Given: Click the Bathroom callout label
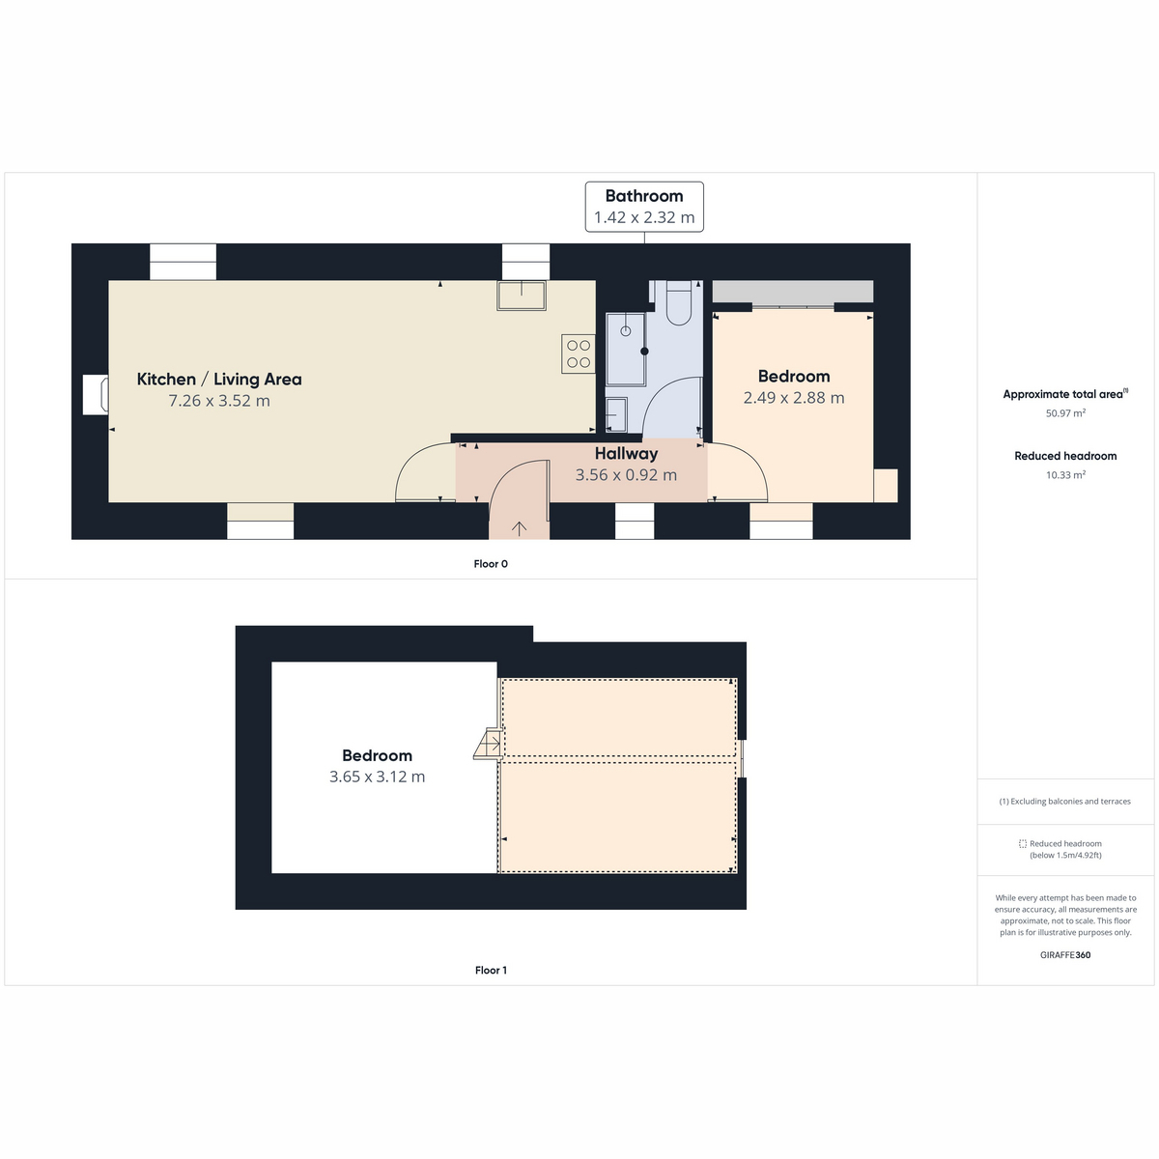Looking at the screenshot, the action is click(x=644, y=207).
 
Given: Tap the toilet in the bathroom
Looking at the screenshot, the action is click(x=678, y=302).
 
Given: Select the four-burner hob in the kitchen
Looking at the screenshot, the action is click(x=578, y=353).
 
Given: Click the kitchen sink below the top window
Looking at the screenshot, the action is click(x=521, y=296).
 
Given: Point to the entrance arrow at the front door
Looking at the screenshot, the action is click(x=519, y=528).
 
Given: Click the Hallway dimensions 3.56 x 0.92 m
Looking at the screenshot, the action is click(x=626, y=475).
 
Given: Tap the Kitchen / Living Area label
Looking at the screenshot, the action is click(x=219, y=379).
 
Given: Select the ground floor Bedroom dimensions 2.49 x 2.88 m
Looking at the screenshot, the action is click(x=794, y=398).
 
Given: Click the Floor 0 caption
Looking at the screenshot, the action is click(x=491, y=563).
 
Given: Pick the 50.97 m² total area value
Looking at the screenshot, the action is click(x=1065, y=413).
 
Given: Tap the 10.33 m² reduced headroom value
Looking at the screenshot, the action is click(x=1065, y=475).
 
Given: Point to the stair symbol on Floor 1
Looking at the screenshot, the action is click(x=488, y=744).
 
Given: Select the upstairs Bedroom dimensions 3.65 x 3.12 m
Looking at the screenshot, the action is click(x=377, y=777).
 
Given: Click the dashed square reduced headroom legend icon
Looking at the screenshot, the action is click(x=1023, y=844).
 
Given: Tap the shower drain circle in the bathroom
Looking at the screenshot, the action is click(x=626, y=331).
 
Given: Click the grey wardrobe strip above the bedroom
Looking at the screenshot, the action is click(x=793, y=291).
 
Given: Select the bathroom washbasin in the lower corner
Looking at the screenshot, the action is click(x=616, y=414).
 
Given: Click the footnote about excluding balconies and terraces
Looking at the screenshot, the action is click(x=1065, y=801).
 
